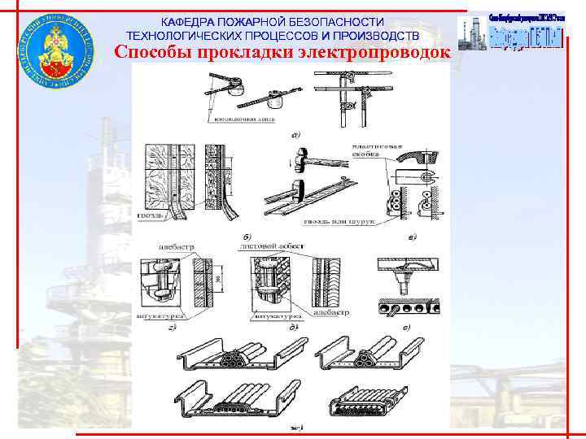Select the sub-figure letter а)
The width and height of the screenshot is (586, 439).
pos(295,133)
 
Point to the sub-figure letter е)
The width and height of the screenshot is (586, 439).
pos(405,327)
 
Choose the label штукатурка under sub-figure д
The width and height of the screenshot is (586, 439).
pos(275,313)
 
